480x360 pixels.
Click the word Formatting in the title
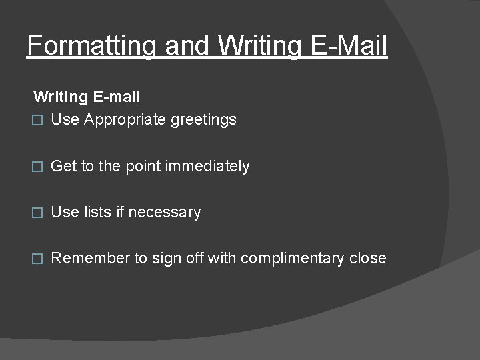pos(91,47)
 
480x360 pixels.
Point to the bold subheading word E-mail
pos(117,97)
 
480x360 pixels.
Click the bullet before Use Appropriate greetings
pos(38,120)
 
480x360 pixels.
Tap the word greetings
pos(203,120)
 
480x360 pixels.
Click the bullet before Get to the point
pos(38,167)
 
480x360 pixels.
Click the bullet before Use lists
pos(38,213)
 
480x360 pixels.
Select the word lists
pos(97,212)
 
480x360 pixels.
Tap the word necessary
pos(164,213)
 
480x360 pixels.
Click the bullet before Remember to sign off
pos(38,259)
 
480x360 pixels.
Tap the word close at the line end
pos(367,258)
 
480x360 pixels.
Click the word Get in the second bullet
pos(63,166)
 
